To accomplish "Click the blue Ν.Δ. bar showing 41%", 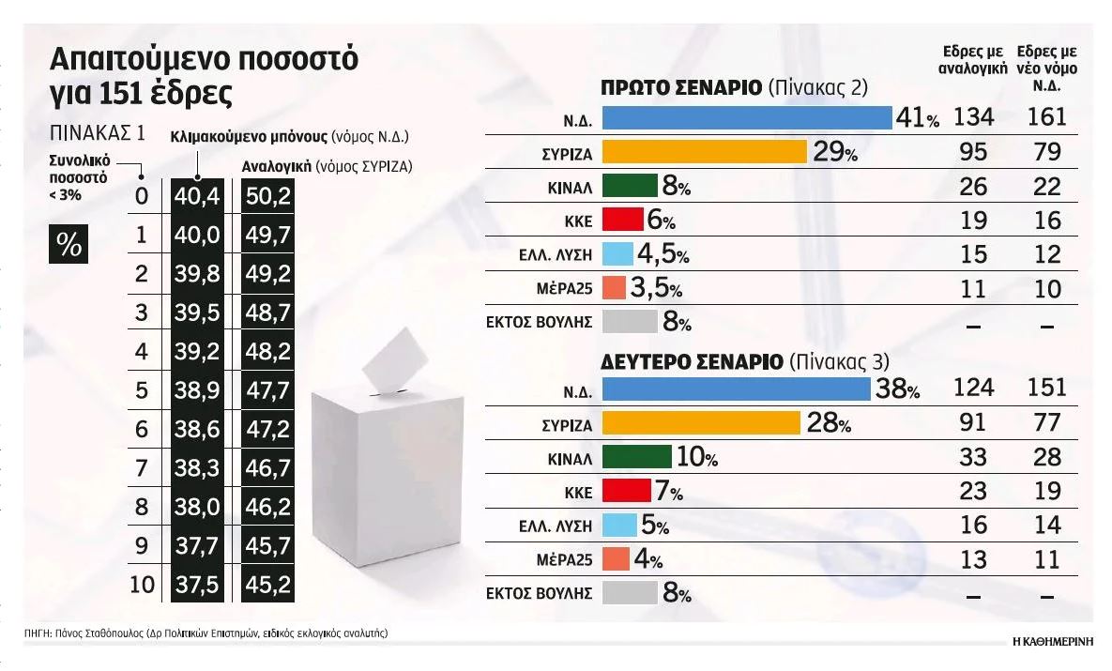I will click(x=746, y=117).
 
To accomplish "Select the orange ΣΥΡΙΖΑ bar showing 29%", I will click(x=704, y=152).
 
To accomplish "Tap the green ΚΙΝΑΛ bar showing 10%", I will click(x=636, y=457).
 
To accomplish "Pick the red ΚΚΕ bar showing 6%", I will click(x=621, y=221).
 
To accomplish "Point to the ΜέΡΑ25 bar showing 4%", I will click(x=615, y=559).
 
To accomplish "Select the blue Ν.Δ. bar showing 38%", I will click(x=736, y=389).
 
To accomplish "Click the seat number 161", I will click(x=1046, y=117).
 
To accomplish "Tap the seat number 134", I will click(x=973, y=117).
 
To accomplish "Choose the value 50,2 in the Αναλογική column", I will click(x=267, y=197).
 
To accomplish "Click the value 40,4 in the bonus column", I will click(x=196, y=197).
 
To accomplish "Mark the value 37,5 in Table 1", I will click(x=196, y=585).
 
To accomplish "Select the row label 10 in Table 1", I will click(x=142, y=585).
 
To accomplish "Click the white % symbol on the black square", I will click(x=69, y=244).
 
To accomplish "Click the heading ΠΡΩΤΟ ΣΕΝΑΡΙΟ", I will click(x=679, y=89).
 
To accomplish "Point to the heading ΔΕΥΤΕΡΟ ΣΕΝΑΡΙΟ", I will click(x=691, y=361).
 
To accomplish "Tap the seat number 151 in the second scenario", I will click(x=1046, y=389).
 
